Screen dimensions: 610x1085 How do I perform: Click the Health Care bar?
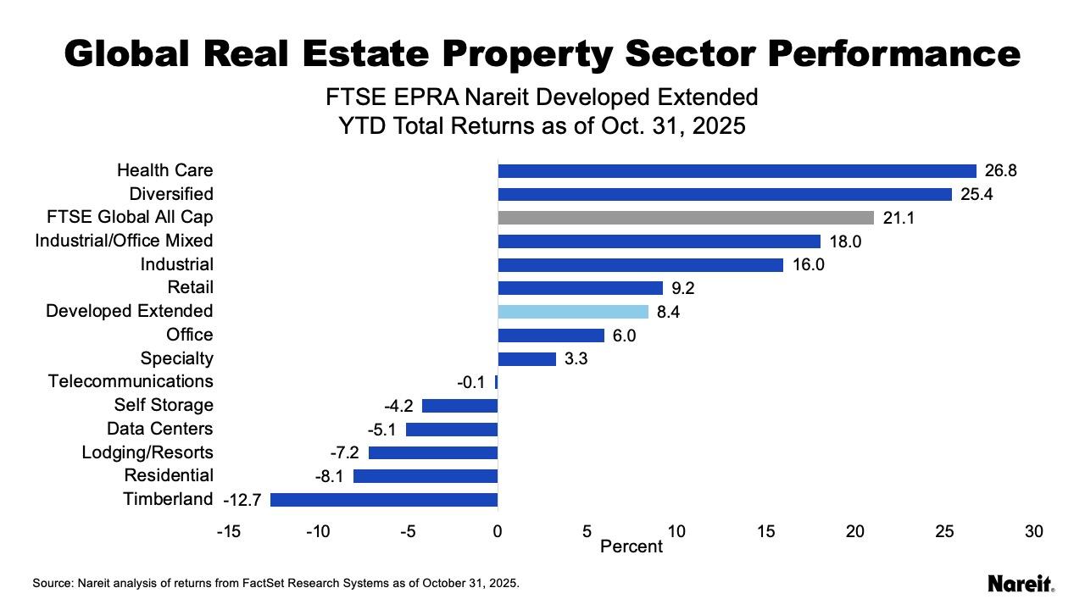(737, 170)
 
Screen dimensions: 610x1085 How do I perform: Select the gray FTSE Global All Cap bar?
(686, 218)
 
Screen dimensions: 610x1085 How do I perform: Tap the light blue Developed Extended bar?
(573, 312)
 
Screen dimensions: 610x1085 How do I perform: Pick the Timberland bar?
(384, 500)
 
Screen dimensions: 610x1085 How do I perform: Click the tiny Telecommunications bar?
(497, 382)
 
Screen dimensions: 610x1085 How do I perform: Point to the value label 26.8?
(1001, 171)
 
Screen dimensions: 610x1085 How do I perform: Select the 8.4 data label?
(669, 313)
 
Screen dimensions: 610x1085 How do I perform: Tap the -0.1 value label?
(470, 383)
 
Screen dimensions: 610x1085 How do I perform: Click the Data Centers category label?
(159, 429)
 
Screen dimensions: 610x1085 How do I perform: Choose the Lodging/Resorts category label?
(147, 452)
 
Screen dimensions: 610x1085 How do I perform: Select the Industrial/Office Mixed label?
(124, 241)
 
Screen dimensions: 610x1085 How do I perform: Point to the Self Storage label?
(164, 405)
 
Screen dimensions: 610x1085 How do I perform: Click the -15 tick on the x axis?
(228, 532)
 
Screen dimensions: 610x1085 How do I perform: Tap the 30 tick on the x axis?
(1033, 532)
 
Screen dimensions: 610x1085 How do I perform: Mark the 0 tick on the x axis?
(498, 532)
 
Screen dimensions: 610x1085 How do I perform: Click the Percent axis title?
(631, 546)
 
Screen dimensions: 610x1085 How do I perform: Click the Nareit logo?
(1021, 584)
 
